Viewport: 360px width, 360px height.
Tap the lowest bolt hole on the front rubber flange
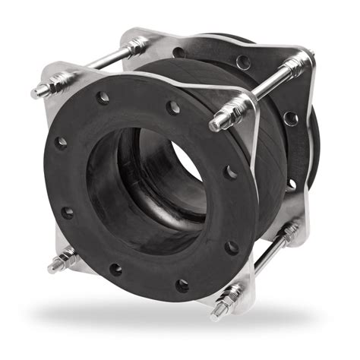tap(182, 285)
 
